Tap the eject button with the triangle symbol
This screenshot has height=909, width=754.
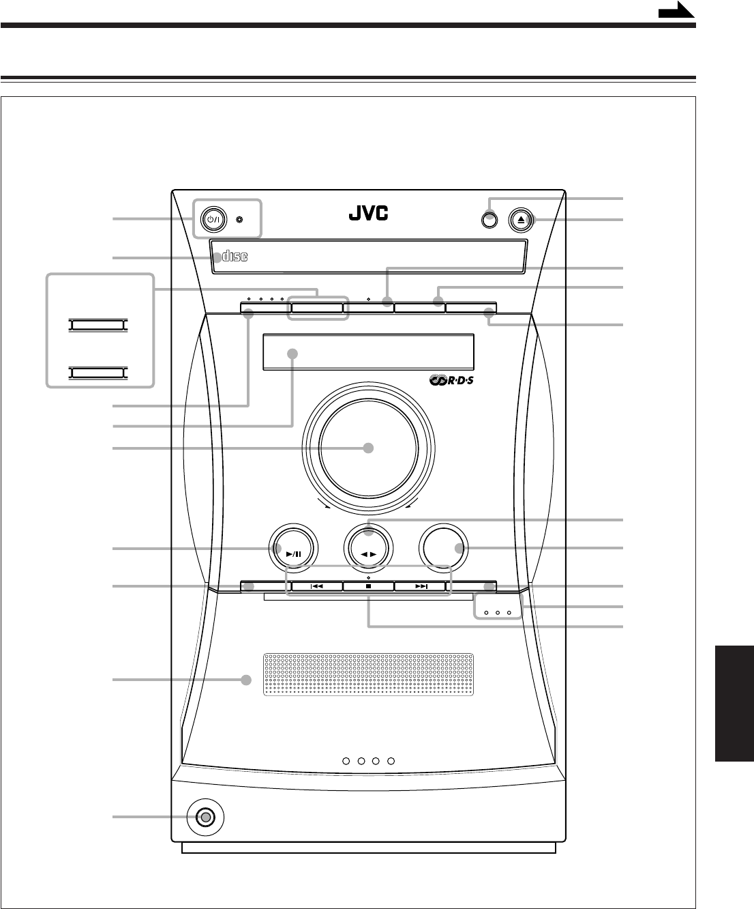(524, 220)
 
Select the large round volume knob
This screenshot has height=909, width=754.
(368, 448)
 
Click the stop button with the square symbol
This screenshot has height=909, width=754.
(368, 586)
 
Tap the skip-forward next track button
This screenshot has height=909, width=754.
(420, 586)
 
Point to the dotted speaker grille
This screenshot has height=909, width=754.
(368, 675)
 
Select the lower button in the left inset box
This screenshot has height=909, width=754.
(97, 373)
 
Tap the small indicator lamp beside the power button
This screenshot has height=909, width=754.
(239, 220)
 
